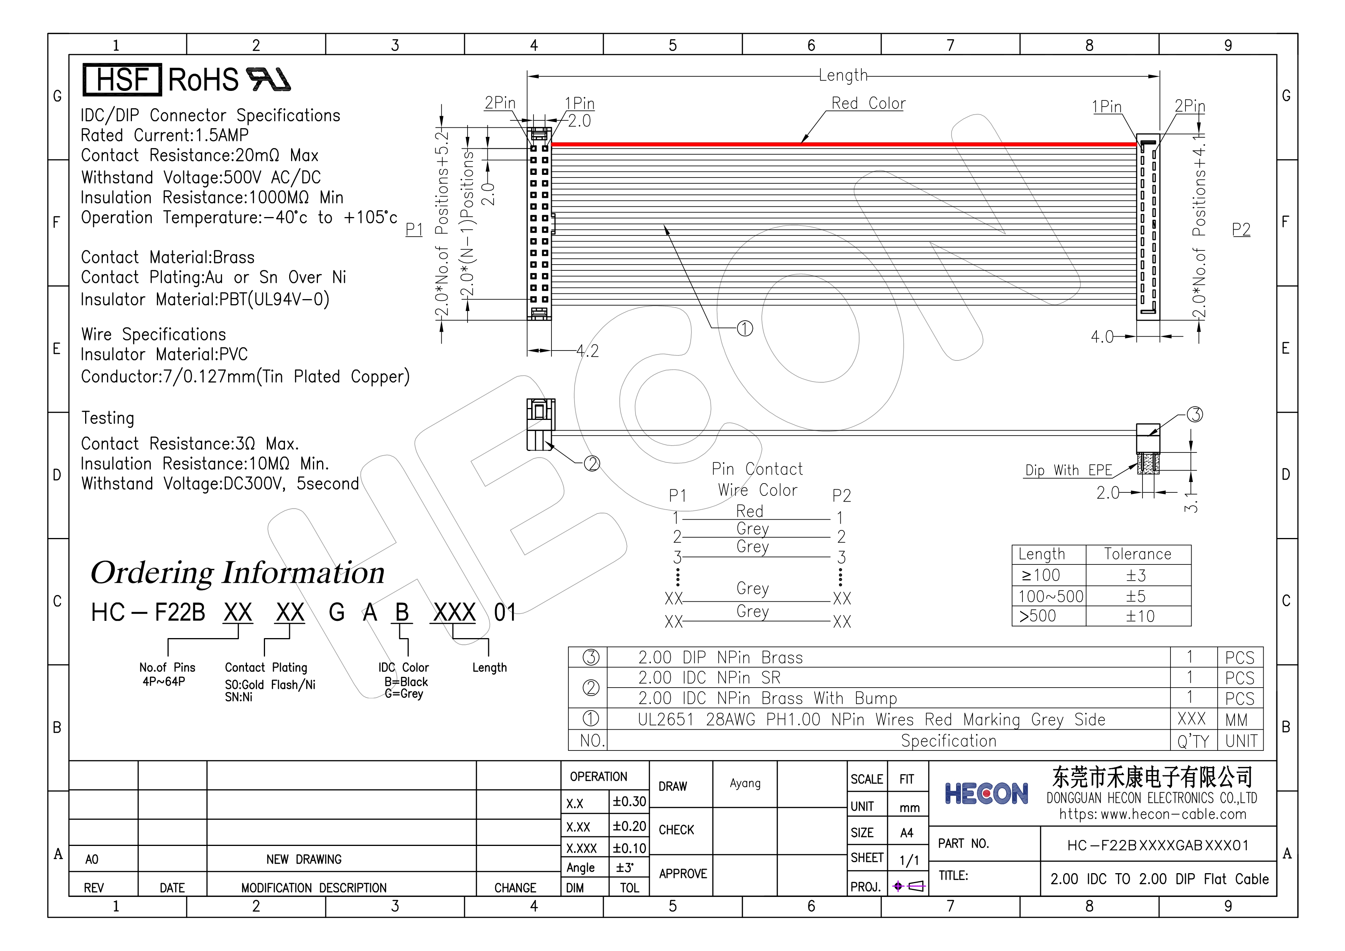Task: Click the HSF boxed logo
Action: tap(122, 80)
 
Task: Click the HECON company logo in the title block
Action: tap(986, 794)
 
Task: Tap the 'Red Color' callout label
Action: tap(868, 103)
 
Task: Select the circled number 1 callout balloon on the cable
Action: tap(744, 329)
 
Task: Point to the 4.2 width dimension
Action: tap(588, 351)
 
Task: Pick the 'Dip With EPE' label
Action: tap(1068, 470)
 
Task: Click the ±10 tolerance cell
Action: tap(1140, 616)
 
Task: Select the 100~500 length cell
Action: tap(1051, 596)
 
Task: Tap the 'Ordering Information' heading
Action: tap(238, 573)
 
